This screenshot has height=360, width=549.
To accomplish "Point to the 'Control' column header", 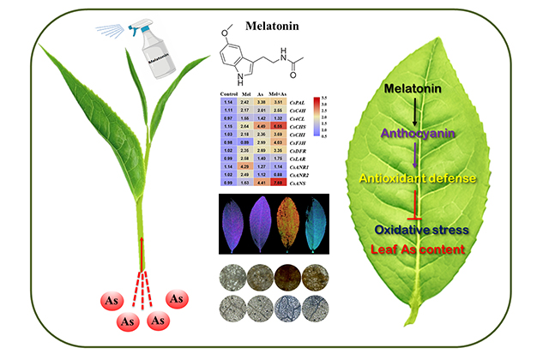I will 229,93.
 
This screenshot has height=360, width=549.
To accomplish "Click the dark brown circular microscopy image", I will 286,279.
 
